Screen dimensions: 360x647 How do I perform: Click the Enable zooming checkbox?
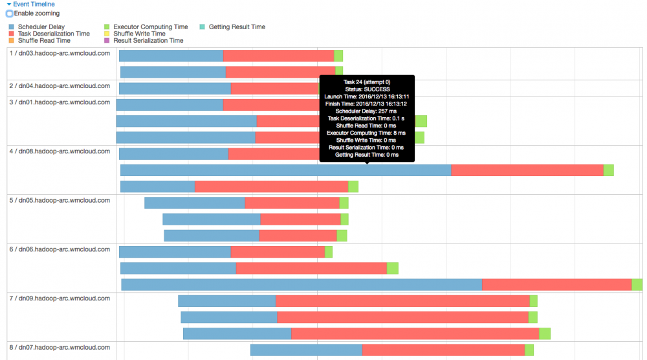point(10,14)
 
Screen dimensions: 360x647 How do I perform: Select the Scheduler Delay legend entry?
point(41,27)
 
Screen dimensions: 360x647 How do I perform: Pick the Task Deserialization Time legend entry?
point(54,34)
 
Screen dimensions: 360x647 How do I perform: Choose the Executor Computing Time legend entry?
point(150,27)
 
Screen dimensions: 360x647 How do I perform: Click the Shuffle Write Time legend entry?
point(139,34)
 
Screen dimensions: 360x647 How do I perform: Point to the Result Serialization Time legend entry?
point(148,41)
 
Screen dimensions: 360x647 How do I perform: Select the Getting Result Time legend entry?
point(237,27)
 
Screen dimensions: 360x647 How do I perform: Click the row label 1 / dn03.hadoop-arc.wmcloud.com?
point(60,53)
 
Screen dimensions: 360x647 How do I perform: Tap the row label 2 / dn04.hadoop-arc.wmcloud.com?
point(60,85)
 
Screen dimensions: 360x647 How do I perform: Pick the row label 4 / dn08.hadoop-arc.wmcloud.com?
point(60,152)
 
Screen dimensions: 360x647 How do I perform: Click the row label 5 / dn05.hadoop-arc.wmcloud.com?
point(60,201)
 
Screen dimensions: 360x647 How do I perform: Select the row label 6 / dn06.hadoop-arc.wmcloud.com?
point(60,249)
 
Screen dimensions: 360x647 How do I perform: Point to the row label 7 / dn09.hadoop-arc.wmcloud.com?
point(60,298)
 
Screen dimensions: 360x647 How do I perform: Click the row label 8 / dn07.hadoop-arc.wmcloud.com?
point(60,347)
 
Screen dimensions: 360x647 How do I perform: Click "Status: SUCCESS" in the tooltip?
point(367,89)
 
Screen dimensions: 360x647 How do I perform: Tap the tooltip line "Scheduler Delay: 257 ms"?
point(367,111)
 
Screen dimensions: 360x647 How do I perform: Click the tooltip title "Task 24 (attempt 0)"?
point(367,82)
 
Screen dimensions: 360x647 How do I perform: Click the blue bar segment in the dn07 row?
point(306,350)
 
